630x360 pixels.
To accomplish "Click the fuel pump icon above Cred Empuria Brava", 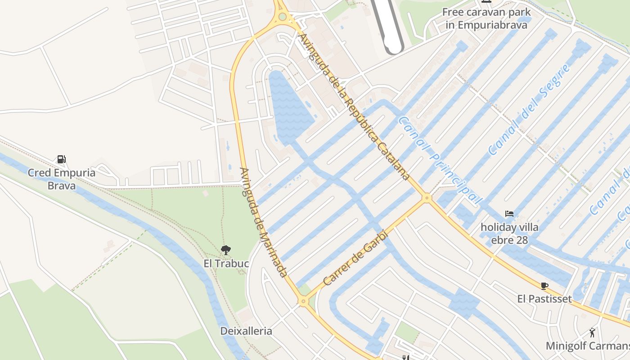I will pos(61,159).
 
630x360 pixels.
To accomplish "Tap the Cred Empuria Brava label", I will pos(62,179).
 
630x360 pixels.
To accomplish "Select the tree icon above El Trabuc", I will pos(226,250).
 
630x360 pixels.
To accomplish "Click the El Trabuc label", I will pos(226,263).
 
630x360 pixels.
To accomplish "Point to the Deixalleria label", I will pos(246,331).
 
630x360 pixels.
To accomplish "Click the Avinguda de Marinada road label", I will pos(264,222).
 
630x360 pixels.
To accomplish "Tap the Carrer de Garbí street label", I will pos(355,258).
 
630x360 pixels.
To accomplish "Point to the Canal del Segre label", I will pos(529,109).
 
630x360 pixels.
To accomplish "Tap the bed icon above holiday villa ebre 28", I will pos(509,214).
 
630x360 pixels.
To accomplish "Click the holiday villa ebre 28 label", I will pos(509,234).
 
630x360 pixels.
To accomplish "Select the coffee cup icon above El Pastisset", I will pos(544,286).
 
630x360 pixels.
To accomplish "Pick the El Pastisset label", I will pos(544,299).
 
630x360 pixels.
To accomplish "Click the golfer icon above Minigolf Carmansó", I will pos(592,333).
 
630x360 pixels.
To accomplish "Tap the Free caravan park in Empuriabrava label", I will pos(486,18).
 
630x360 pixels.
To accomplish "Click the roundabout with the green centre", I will pos(282,17).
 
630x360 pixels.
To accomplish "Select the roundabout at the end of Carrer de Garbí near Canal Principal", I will pos(427,197).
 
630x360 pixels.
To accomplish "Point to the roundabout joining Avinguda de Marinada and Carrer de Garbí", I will pos(304,301).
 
